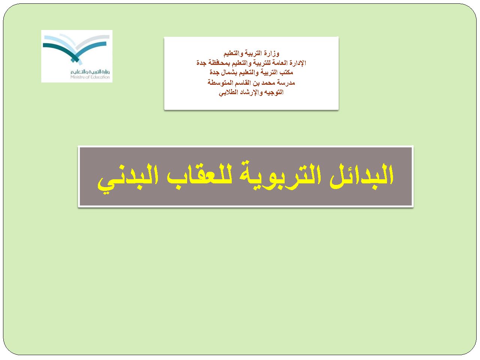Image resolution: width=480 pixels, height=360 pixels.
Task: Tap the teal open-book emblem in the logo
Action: [x=76, y=49]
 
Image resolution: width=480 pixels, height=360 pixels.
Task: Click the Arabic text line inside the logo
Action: [x=90, y=72]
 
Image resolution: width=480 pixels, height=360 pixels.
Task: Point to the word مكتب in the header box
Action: [x=286, y=72]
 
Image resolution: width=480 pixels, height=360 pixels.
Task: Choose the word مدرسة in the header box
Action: [x=286, y=82]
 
